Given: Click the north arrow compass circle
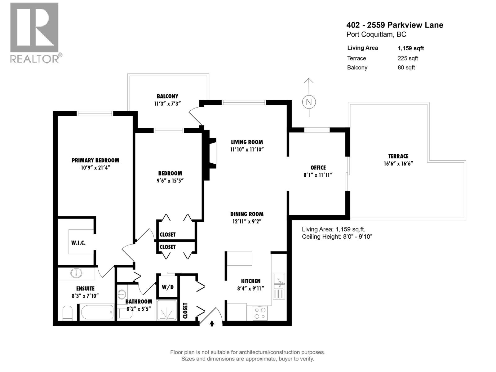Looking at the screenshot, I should (309, 102).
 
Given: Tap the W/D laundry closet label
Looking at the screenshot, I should (167, 287).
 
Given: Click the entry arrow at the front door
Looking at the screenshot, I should (212, 323).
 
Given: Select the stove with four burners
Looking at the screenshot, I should (260, 313).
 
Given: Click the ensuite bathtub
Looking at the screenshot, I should (97, 312).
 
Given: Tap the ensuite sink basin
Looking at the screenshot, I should (76, 273).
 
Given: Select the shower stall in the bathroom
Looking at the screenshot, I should (167, 310).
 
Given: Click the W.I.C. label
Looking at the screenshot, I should (78, 243).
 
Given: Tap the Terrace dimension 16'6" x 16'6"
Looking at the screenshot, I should (398, 164).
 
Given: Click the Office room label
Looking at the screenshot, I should (318, 167).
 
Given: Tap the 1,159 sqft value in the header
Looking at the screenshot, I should (411, 48).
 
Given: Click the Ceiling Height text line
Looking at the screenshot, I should (337, 237).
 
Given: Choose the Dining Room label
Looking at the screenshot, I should (247, 214).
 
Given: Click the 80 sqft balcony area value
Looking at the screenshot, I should (406, 68).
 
